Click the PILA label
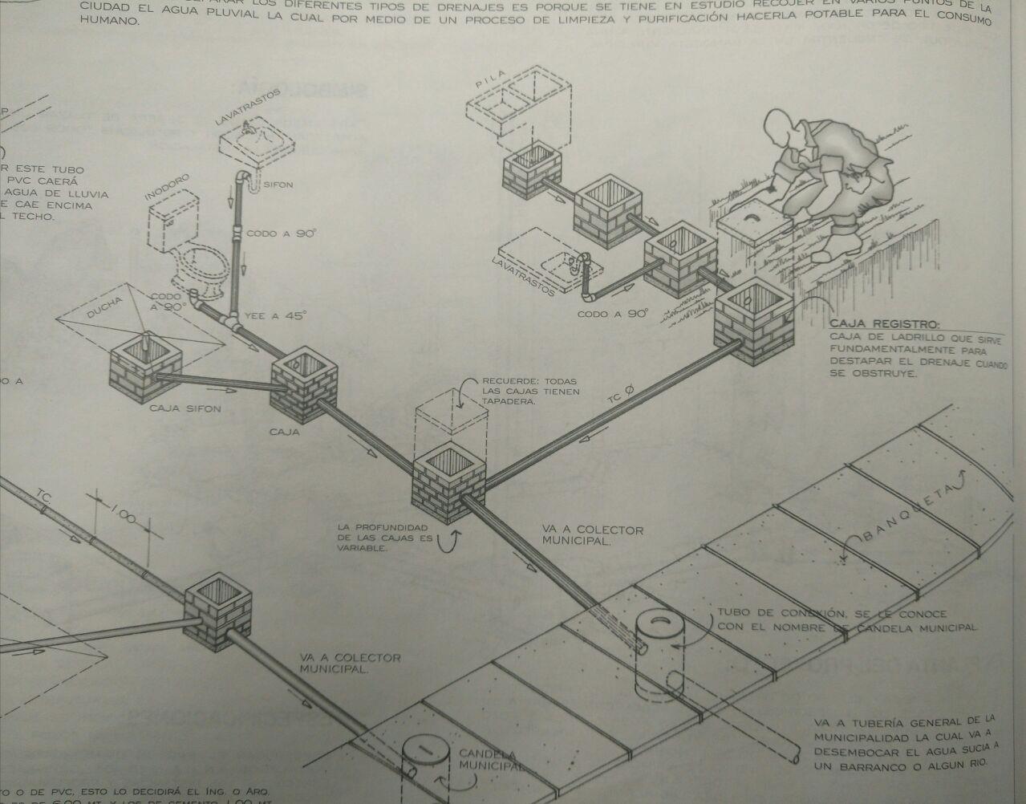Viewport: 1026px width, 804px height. point(489,83)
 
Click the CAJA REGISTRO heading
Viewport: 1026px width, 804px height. point(883,324)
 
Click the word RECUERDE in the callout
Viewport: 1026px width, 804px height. point(509,381)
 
